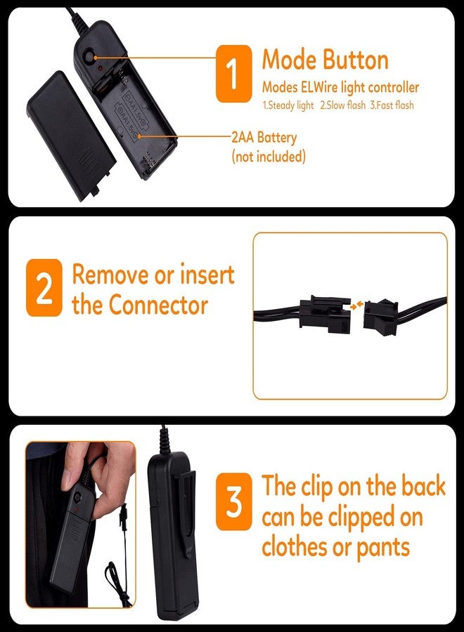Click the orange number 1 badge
tap(233, 73)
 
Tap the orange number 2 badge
tap(44, 287)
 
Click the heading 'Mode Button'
tap(326, 60)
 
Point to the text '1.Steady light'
tap(288, 105)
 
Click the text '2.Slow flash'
tap(343, 105)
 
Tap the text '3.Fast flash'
tap(392, 105)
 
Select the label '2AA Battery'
tap(264, 138)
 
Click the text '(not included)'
tap(269, 156)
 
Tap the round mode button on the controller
tap(89, 58)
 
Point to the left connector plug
tap(325, 314)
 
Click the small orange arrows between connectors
tap(356, 305)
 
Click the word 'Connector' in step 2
tap(158, 305)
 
